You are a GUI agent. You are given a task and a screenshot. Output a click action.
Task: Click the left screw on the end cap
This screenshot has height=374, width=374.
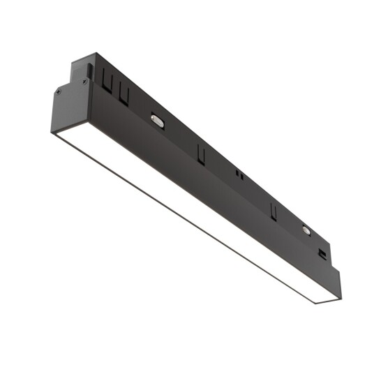tap(59, 91)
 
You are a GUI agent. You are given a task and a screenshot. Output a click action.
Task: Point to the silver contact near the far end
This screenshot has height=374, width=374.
tap(306, 229)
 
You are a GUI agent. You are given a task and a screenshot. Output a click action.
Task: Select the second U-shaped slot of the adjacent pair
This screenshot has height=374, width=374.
tap(124, 93)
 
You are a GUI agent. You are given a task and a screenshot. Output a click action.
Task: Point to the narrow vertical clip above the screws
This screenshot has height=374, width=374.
tap(89, 70)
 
